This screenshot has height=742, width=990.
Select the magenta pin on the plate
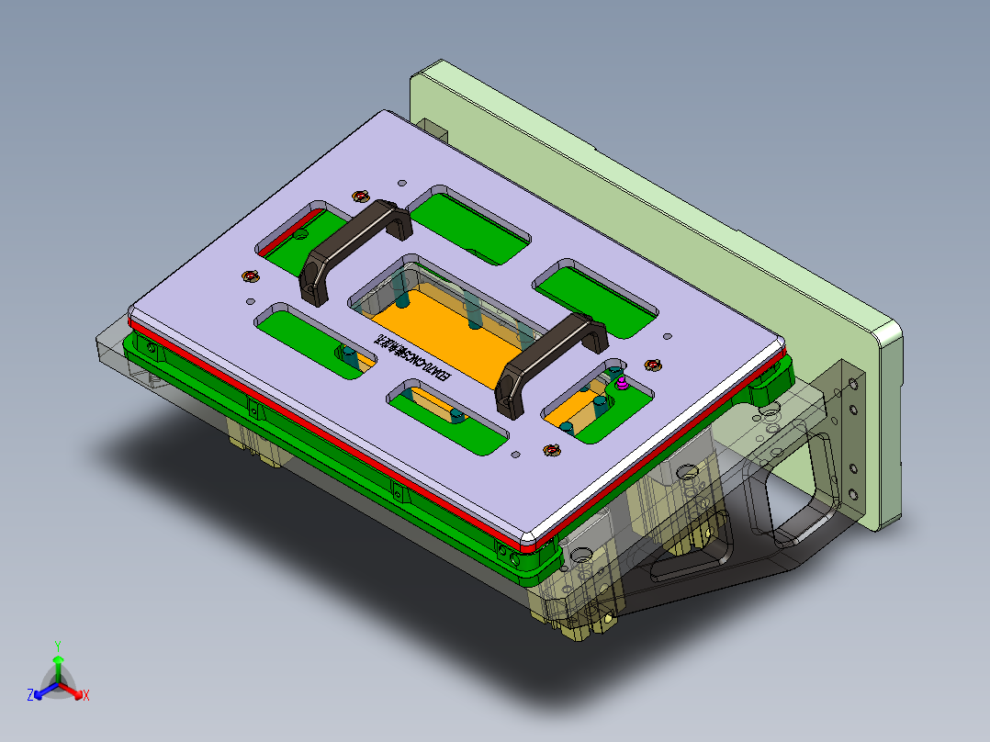point(621,383)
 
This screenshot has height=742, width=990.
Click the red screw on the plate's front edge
point(551,449)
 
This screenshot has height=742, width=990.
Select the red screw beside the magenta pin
point(654,366)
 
